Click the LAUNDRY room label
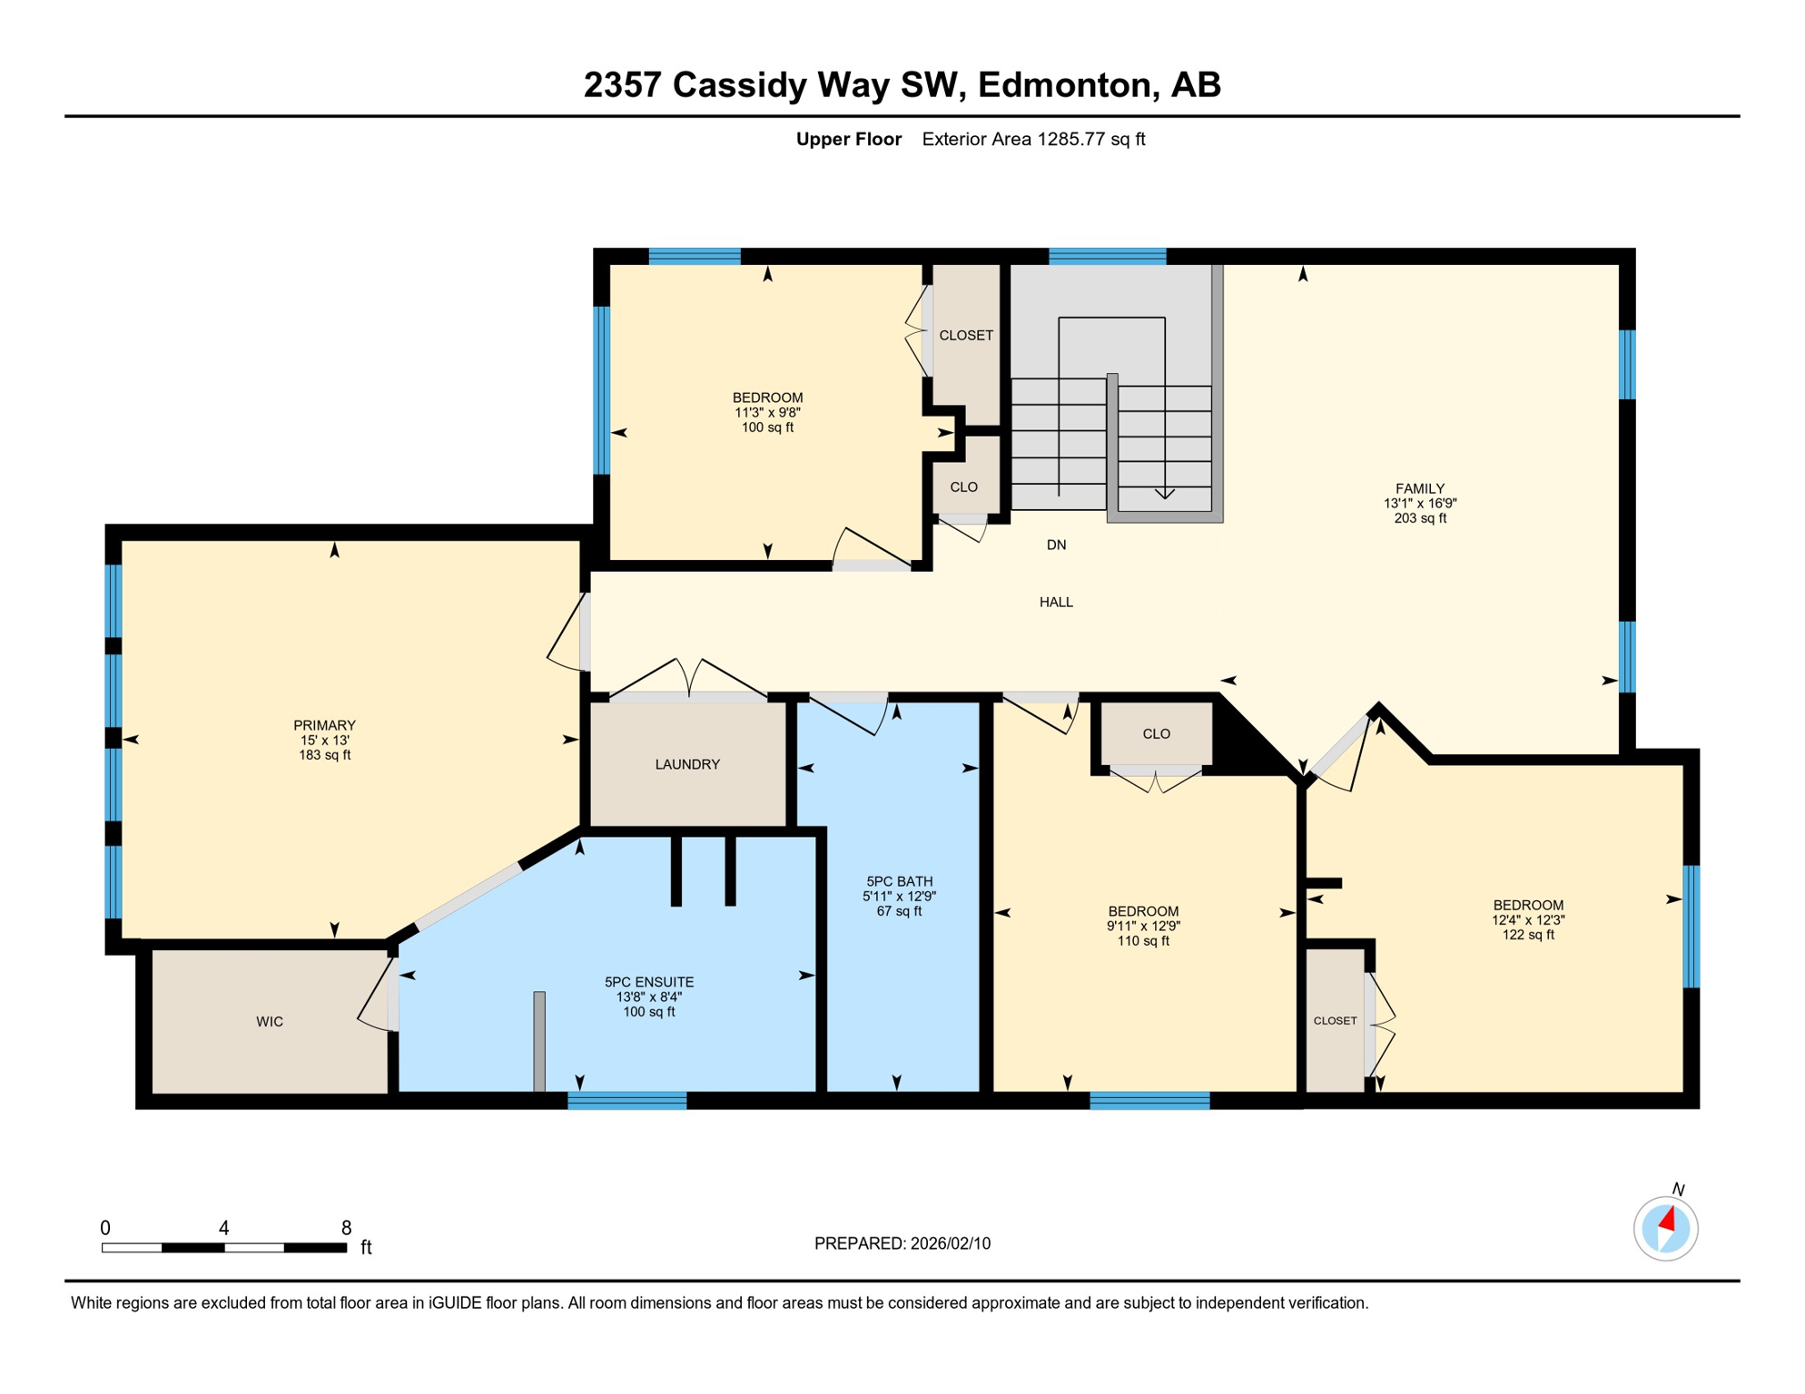[687, 764]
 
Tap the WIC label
[270, 1022]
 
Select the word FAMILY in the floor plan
[1420, 488]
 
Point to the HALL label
[1056, 602]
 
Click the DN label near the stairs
[1056, 545]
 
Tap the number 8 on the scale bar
[346, 1228]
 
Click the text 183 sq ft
[325, 755]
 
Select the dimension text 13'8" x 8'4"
[649, 996]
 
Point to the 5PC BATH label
[899, 881]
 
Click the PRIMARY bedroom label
[324, 725]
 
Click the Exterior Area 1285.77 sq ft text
[1033, 139]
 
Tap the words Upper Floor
[849, 139]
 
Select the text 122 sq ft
[1528, 935]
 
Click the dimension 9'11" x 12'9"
[1143, 927]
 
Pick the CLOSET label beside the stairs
[966, 335]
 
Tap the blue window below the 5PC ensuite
[627, 1101]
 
